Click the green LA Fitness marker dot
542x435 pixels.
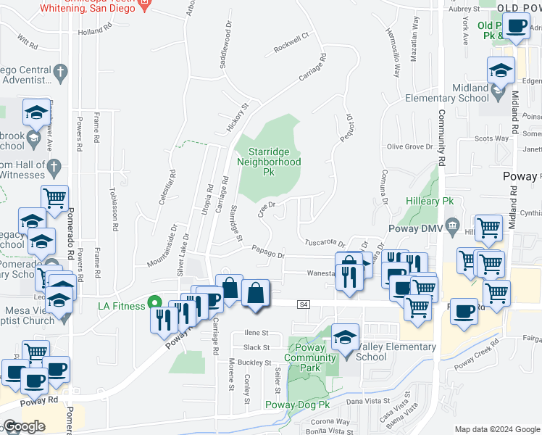[x=154, y=303]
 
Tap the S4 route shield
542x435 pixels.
[x=304, y=306]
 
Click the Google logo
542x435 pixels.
[x=24, y=426]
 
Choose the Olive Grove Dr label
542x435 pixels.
[x=409, y=146]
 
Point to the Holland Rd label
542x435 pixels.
[x=94, y=32]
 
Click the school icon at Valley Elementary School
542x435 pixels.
[x=346, y=337]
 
